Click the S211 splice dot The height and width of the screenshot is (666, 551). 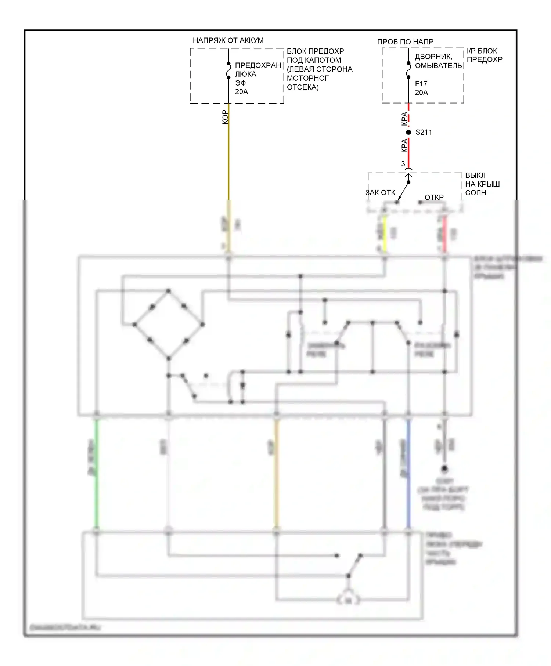click(408, 132)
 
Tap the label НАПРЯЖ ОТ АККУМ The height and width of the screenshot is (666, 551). click(228, 40)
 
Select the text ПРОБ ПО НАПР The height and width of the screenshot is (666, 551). click(405, 42)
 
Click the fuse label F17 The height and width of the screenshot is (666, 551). click(421, 84)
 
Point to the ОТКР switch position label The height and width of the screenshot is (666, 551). click(434, 198)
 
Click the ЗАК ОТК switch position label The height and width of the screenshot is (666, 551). click(381, 193)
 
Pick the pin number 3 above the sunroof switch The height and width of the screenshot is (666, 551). click(403, 164)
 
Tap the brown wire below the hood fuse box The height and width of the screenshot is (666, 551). click(228, 154)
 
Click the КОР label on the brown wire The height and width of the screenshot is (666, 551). click(225, 117)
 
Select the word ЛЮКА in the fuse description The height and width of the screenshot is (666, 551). click(246, 74)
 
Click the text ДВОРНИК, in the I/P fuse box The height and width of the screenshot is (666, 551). click(433, 57)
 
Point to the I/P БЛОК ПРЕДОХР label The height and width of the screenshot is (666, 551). click(484, 55)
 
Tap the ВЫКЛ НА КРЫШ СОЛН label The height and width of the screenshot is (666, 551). click(482, 184)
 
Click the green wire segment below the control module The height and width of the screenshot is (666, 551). click(96, 474)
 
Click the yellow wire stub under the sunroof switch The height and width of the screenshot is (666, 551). click(385, 234)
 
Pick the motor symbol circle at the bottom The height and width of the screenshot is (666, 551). click(348, 601)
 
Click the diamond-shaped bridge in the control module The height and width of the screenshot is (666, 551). click(168, 325)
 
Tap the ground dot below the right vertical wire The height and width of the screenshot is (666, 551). click(444, 468)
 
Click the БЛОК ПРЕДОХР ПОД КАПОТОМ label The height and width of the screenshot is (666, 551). click(319, 69)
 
